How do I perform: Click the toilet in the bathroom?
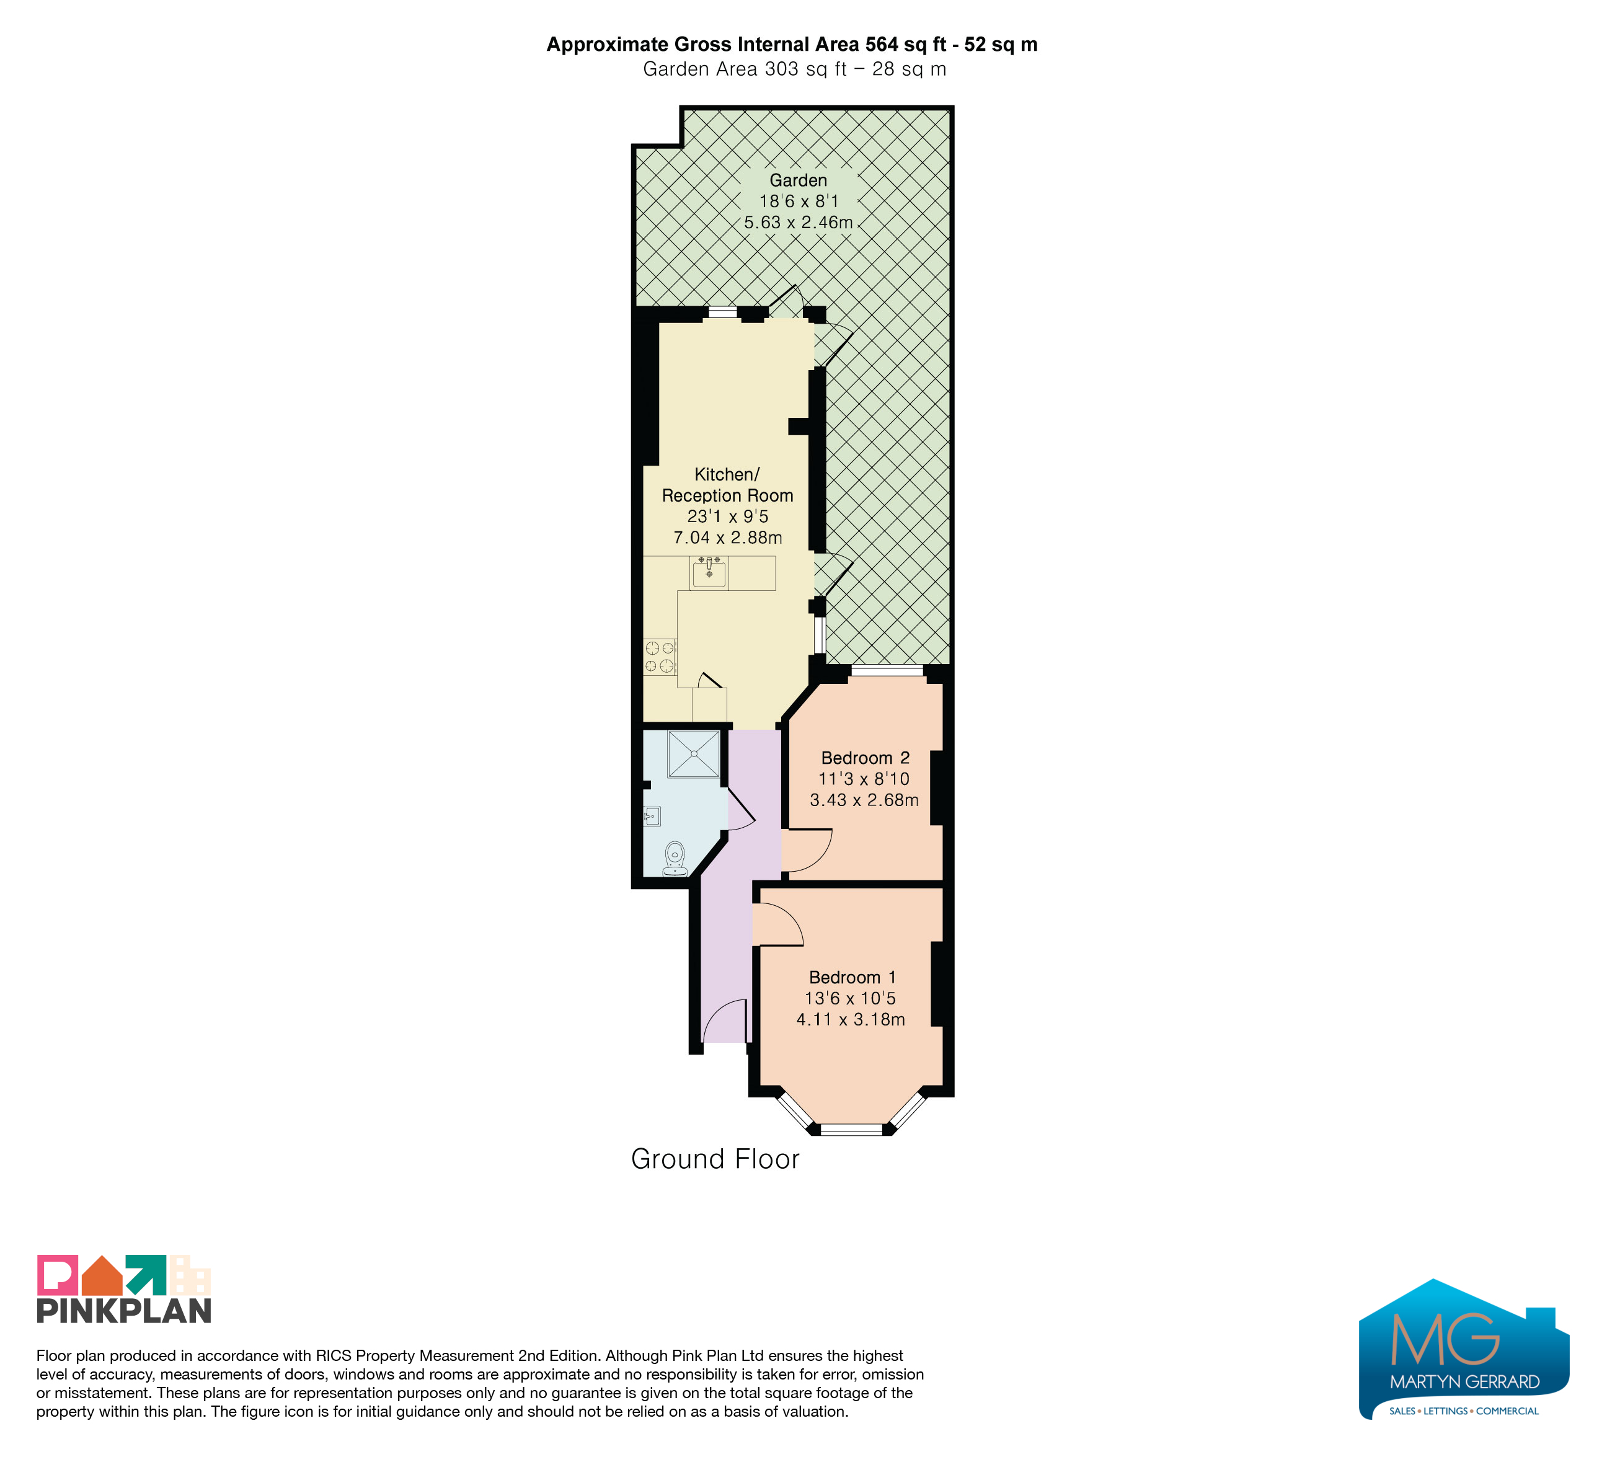675,859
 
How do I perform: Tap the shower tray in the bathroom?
694,753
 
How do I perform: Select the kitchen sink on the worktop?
709,573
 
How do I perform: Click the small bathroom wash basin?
652,816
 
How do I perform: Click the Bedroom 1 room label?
852,977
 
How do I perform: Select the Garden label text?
798,181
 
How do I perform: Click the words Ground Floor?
715,1159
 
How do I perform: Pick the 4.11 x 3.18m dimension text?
851,1019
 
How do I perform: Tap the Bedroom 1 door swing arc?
789,918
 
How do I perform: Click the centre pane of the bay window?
852,1128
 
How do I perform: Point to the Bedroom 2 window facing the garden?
887,670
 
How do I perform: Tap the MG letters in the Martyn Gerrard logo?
1445,1339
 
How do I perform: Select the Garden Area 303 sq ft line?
795,69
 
